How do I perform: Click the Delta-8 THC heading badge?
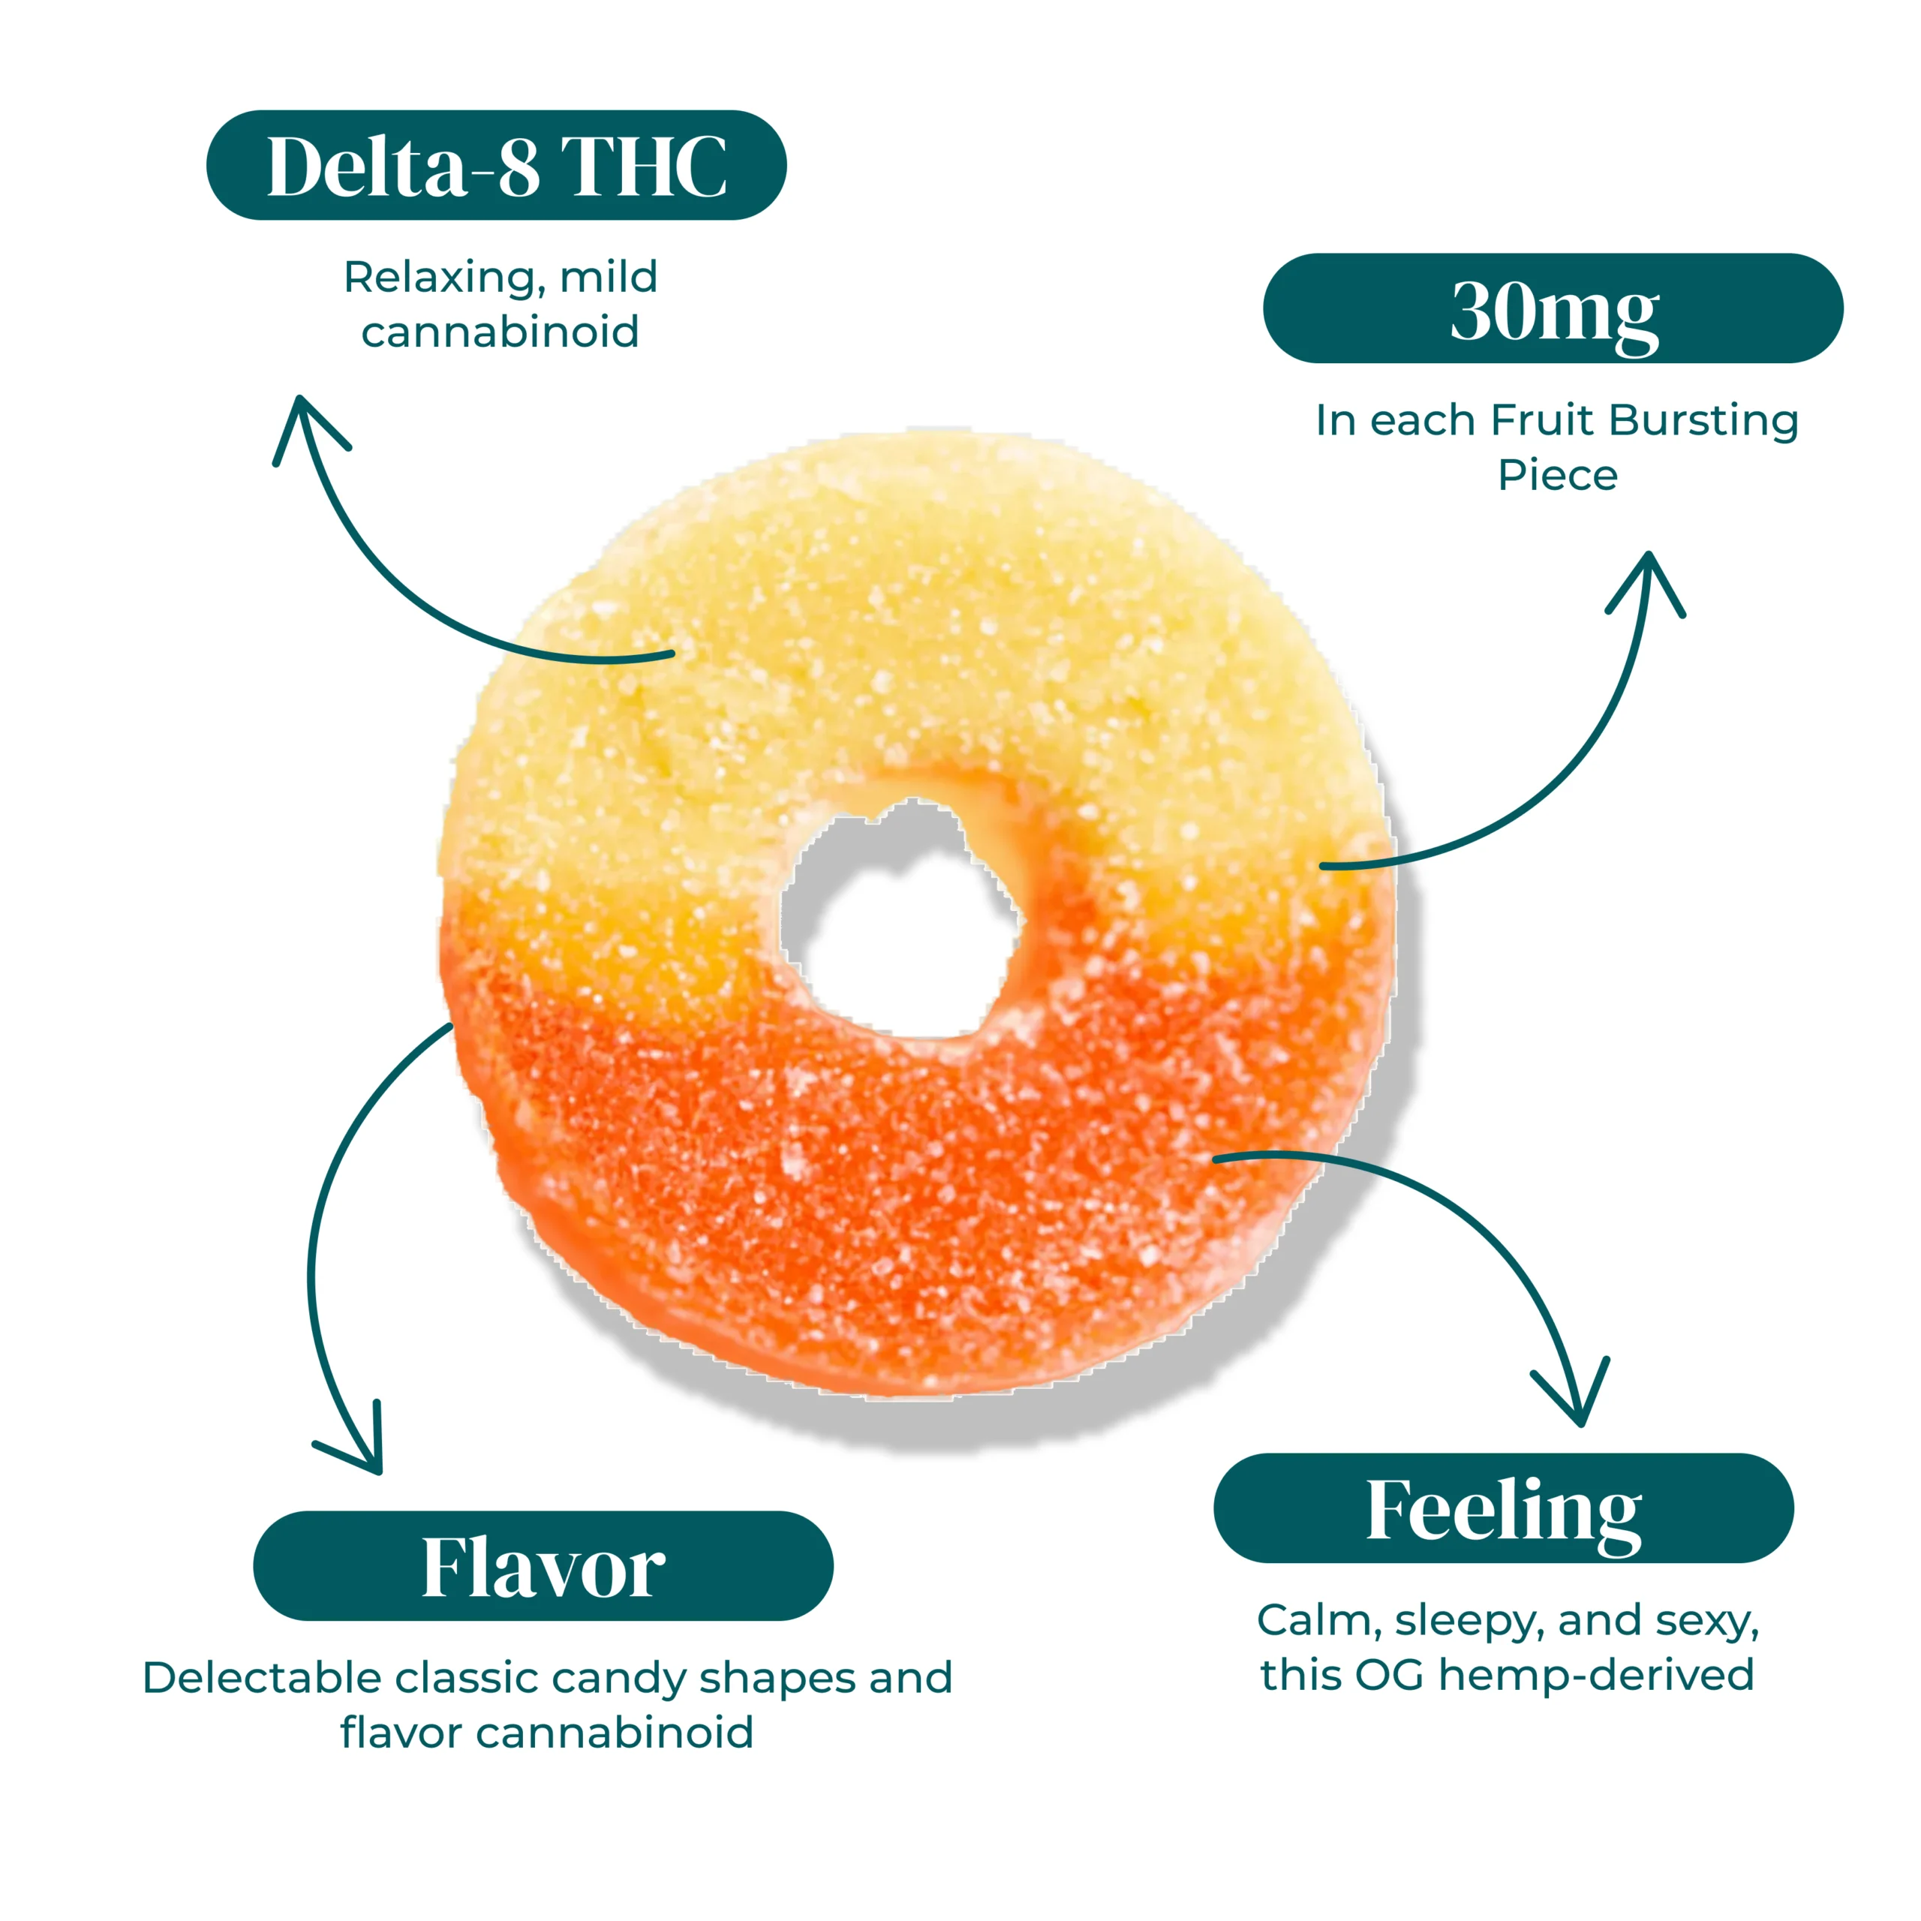[x=496, y=165]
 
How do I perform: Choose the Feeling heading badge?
[x=1503, y=1508]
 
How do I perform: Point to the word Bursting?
[x=1703, y=420]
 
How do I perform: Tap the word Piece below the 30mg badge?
[x=1557, y=475]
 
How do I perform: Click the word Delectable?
[x=263, y=1679]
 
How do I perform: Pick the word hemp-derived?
[x=1596, y=1676]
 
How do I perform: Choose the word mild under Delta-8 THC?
[x=609, y=278]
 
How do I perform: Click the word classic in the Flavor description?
[x=467, y=1679]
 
